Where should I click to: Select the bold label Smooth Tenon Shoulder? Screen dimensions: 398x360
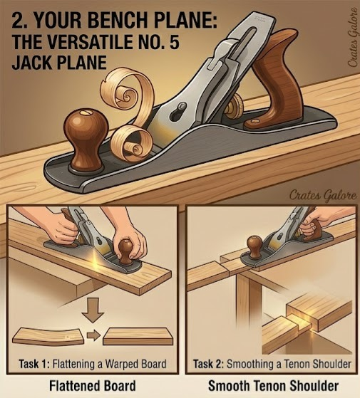(x=272, y=385)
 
